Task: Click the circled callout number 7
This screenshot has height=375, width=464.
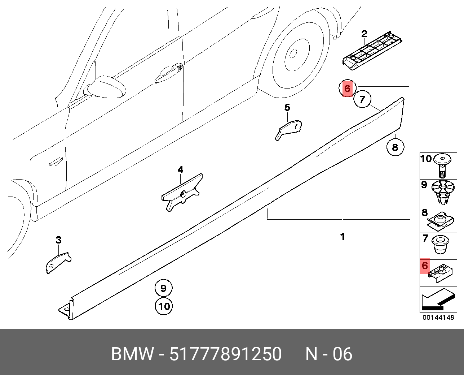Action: click(x=362, y=99)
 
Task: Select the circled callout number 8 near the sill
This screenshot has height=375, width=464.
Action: click(x=395, y=147)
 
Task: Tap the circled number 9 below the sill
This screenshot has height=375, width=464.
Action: click(x=163, y=288)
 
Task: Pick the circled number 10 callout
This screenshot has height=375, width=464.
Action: click(x=164, y=306)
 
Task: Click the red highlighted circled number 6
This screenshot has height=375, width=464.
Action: click(x=347, y=89)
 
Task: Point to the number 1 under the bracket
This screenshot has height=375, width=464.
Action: click(x=343, y=237)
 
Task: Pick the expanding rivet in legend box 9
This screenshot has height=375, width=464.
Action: click(x=443, y=191)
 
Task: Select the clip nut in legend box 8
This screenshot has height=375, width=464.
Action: click(x=441, y=220)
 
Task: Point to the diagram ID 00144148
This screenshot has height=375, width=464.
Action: click(x=438, y=318)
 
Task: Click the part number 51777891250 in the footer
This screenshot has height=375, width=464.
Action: click(x=225, y=354)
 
